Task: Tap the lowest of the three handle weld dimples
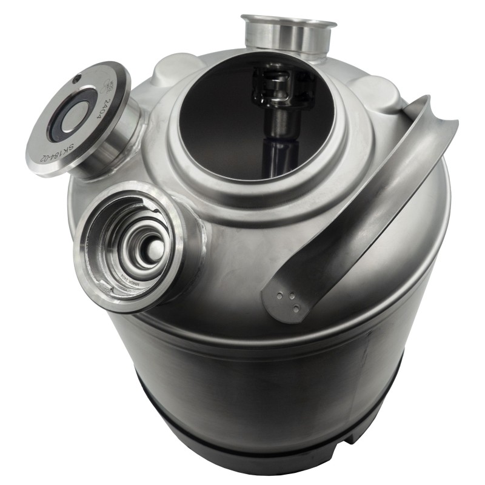point(296,309)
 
